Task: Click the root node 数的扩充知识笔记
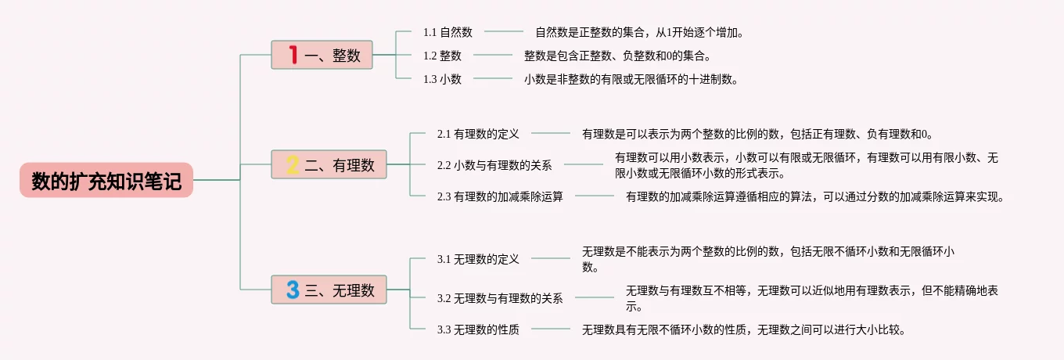pos(106,181)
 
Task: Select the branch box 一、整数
pos(322,55)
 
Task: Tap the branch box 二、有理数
pos(329,164)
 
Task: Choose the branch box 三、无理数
pos(329,290)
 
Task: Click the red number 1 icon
pos(293,55)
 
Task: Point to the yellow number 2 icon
pos(293,164)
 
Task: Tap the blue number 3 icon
pos(293,290)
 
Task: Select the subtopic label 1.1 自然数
pos(448,32)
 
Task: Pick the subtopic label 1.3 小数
pos(442,79)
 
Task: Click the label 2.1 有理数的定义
pos(478,134)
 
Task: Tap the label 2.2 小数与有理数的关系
pos(494,165)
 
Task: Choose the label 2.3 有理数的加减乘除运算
pos(500,196)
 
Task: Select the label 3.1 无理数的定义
pos(478,259)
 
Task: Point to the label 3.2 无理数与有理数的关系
pos(500,298)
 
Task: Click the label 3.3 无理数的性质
pos(478,329)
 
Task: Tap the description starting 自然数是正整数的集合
pos(639,32)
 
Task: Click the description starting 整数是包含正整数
pos(617,56)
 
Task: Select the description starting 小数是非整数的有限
pos(631,79)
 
